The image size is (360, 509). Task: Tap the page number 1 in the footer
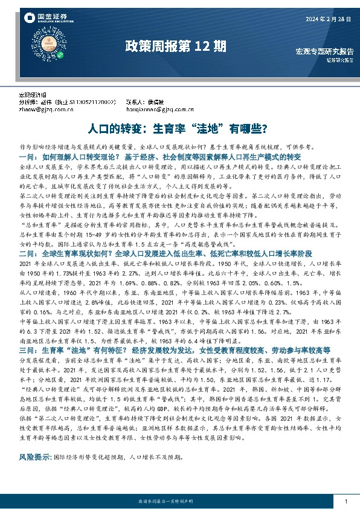(345, 502)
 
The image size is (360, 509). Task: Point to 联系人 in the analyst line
(133, 103)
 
